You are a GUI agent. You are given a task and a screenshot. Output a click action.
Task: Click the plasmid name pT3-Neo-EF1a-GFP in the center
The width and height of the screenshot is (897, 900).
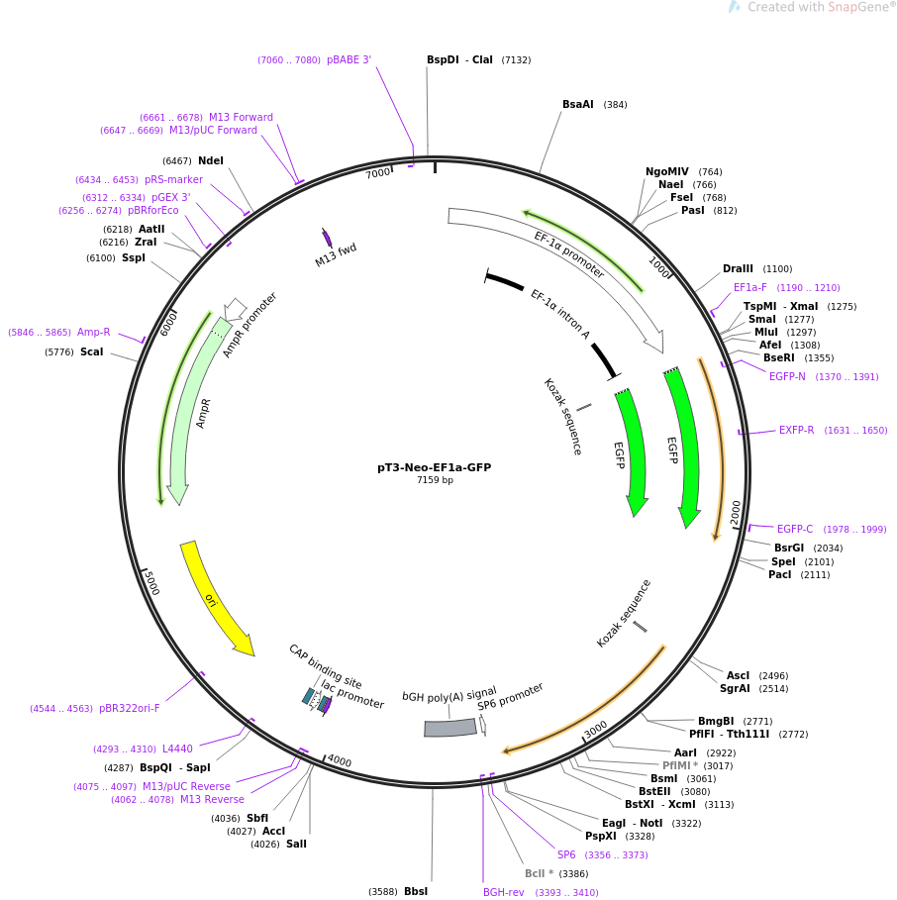(x=434, y=467)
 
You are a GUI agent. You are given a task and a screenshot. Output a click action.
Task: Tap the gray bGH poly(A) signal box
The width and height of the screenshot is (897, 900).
(x=449, y=728)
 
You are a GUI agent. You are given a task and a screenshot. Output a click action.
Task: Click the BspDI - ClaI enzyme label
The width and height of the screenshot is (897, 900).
(x=459, y=59)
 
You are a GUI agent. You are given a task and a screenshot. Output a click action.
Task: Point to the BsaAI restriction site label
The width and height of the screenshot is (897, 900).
(x=578, y=105)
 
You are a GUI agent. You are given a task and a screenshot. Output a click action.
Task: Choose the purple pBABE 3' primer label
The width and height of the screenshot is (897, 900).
(x=349, y=59)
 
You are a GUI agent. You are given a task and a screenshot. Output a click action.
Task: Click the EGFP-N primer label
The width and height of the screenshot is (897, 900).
(x=787, y=376)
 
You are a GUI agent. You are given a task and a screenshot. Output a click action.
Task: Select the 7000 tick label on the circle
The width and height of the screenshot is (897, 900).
(x=378, y=172)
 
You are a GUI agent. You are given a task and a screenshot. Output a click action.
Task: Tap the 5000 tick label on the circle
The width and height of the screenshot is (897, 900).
(x=151, y=582)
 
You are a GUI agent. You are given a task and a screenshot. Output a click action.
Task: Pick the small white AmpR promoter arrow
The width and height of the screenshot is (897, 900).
(x=234, y=309)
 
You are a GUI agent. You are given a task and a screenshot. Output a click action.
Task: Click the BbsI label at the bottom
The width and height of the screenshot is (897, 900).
(x=416, y=891)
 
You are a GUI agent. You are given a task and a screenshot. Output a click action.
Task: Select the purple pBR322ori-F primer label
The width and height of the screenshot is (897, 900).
(x=129, y=708)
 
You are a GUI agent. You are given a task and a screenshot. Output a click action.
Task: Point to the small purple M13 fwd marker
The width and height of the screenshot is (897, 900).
(x=327, y=238)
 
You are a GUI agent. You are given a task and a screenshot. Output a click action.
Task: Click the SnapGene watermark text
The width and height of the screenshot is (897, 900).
(x=821, y=7)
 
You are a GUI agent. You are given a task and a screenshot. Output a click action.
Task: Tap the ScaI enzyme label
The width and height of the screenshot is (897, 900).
(x=91, y=351)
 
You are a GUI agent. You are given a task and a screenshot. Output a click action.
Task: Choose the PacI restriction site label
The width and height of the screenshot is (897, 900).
(x=779, y=574)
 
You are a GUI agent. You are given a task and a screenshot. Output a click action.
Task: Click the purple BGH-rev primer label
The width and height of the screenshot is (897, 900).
(x=503, y=892)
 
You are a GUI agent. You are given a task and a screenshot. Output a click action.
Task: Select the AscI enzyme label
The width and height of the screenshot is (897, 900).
(x=738, y=675)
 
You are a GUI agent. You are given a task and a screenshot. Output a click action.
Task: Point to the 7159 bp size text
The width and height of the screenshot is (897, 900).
(x=435, y=480)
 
